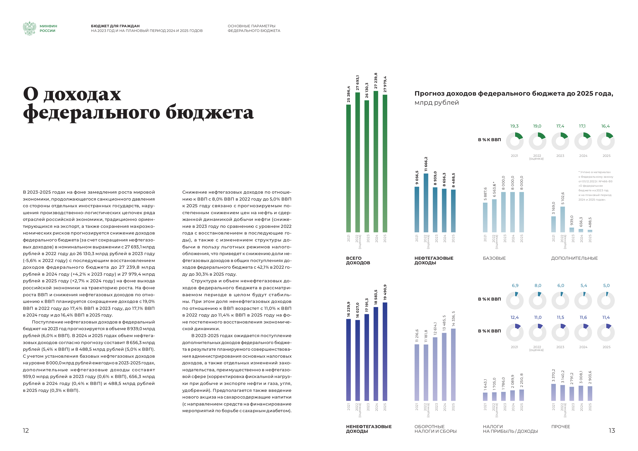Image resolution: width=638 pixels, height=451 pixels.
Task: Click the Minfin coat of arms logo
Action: click(30, 28)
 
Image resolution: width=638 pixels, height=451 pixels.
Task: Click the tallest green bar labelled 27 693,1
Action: click(358, 162)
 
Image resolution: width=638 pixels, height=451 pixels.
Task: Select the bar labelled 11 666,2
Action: click(426, 203)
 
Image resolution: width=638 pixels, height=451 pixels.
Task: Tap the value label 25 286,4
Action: click(348, 94)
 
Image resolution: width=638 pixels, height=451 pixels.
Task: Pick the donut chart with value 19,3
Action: click(515, 141)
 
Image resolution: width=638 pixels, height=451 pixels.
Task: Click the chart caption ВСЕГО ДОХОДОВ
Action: click(358, 260)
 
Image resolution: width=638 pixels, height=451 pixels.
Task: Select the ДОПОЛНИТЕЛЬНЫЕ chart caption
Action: click(574, 258)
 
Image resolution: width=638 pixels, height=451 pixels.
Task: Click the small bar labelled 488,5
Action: click(590, 231)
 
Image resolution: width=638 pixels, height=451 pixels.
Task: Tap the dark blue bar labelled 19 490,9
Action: click(385, 351)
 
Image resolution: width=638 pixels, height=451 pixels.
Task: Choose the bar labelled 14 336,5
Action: click(453, 365)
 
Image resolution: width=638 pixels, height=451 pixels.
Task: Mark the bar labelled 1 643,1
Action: click(485, 396)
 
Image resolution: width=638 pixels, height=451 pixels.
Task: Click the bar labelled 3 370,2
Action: click(554, 392)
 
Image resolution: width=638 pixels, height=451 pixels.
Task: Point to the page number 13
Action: click(612, 430)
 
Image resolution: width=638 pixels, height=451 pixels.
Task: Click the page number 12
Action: click(26, 430)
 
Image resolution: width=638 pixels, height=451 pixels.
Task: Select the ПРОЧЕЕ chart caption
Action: click(561, 427)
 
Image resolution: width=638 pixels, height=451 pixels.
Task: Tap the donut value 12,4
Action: click(515, 317)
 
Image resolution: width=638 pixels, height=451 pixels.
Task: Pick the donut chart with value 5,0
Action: click(606, 301)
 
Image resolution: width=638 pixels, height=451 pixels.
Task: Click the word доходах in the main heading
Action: click(82, 94)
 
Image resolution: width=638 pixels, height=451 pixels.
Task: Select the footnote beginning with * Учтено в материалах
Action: click(596, 186)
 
